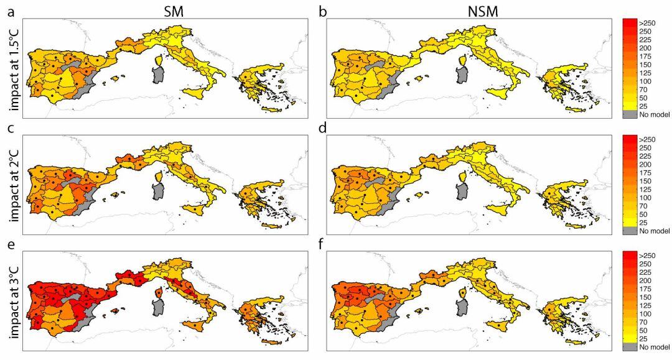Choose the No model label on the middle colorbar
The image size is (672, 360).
point(655,231)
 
